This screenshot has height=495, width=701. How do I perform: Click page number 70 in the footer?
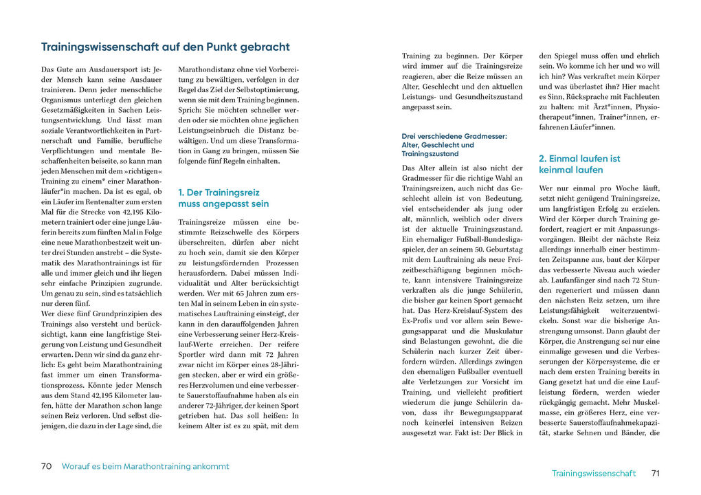tap(47, 466)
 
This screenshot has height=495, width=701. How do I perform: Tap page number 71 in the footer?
tap(656, 473)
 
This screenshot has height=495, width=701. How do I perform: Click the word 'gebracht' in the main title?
tap(262, 47)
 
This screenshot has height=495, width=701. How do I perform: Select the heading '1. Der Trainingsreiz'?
tap(219, 192)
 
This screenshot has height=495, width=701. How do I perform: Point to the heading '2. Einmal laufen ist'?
tap(579, 158)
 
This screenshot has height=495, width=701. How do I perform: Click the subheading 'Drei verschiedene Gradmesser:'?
tap(454, 136)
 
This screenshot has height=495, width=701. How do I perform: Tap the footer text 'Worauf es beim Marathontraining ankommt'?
tap(146, 466)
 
